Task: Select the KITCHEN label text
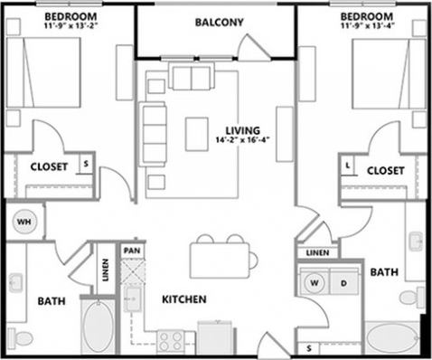pyautogui.click(x=183, y=299)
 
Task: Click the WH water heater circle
pyautogui.click(x=23, y=220)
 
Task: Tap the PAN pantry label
pyautogui.click(x=133, y=250)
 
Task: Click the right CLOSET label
pyautogui.click(x=385, y=170)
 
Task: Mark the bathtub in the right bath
pyautogui.click(x=391, y=340)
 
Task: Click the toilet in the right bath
pyautogui.click(x=409, y=296)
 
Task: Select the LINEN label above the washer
pyautogui.click(x=317, y=252)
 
